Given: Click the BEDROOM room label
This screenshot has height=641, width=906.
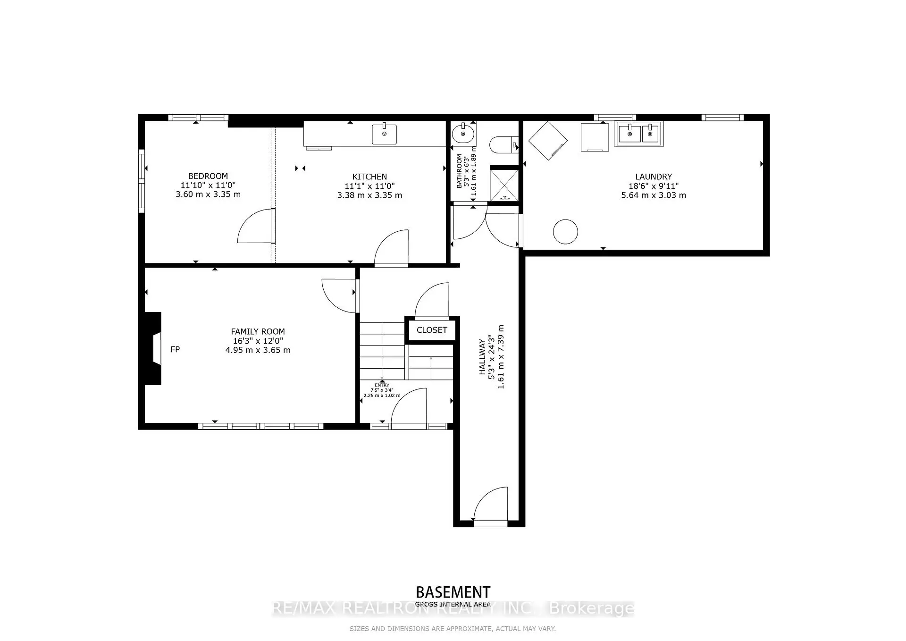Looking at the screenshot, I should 208,176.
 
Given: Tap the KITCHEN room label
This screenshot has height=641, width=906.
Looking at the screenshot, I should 369,177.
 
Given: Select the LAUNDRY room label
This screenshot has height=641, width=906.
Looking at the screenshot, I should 653,177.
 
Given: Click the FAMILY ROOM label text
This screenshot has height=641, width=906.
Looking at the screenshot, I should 258,332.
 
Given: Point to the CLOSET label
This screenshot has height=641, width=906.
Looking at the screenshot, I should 431,330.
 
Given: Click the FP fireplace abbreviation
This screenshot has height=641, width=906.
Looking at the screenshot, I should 175,349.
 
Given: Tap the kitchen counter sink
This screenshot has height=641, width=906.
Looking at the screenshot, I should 384,134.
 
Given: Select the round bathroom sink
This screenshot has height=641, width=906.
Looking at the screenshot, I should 463,134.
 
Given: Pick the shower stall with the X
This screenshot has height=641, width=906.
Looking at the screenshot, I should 504,185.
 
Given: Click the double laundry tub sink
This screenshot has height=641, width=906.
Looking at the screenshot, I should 638,133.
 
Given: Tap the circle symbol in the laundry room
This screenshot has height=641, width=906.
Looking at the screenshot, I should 565,232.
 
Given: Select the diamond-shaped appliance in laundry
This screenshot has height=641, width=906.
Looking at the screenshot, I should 547,141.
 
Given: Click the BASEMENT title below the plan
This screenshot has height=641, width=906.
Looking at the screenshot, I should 453,592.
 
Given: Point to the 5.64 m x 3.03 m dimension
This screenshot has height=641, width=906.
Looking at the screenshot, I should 653,195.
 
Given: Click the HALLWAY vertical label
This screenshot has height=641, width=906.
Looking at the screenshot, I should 482,357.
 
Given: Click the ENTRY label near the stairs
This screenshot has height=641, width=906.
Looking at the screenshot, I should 382,385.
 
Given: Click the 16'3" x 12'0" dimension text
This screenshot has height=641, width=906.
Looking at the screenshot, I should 258,341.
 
